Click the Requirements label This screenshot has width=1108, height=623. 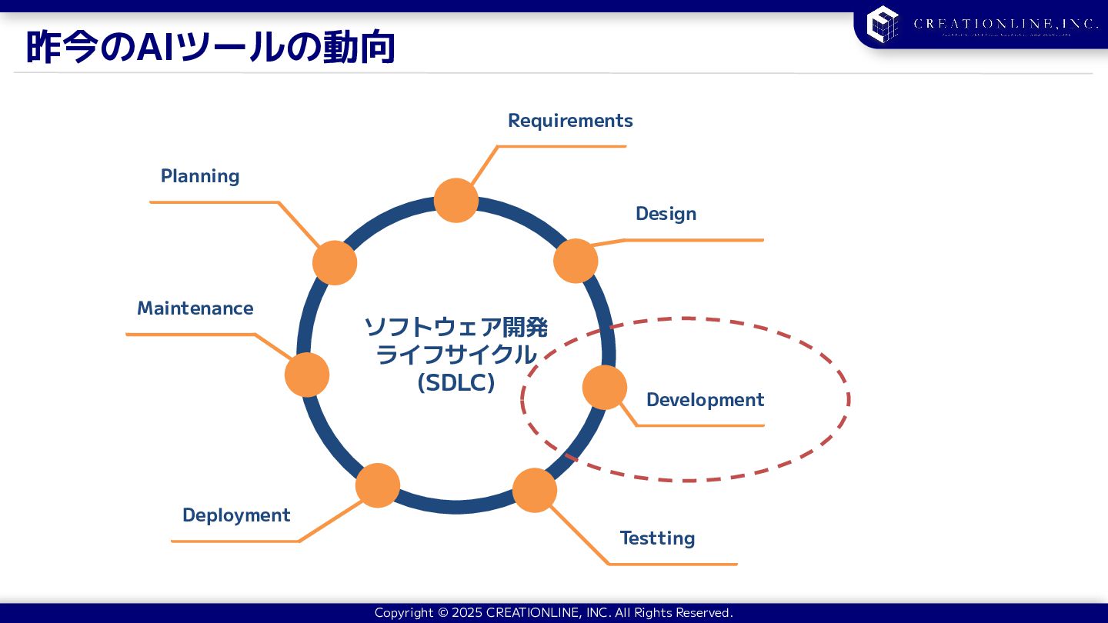tap(570, 121)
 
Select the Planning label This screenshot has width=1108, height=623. tap(200, 176)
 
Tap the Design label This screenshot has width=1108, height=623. tap(666, 214)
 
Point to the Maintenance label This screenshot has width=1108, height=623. tap(195, 308)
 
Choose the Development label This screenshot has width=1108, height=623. tap(705, 400)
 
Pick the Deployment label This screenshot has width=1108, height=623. tap(236, 515)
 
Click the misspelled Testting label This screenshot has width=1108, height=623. tap(657, 538)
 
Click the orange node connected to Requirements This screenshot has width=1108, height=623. tap(456, 201)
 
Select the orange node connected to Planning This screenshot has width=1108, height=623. tap(335, 263)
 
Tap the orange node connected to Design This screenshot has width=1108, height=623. tap(576, 261)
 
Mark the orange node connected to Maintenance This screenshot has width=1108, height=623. tap(307, 375)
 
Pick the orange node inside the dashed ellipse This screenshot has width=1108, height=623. tap(605, 387)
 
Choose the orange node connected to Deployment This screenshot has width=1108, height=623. tap(378, 485)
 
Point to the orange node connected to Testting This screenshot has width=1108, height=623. tap(535, 491)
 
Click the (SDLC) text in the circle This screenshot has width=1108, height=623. tap(456, 382)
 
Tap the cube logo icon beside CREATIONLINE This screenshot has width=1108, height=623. tap(883, 24)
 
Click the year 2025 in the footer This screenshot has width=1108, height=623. tap(467, 613)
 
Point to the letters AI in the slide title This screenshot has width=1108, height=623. tap(155, 48)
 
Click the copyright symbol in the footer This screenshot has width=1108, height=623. tap(442, 613)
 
